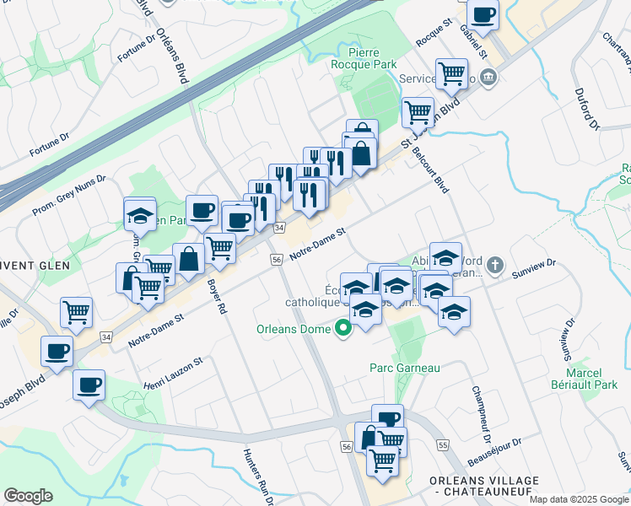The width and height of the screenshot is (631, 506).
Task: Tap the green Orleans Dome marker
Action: click(x=343, y=328)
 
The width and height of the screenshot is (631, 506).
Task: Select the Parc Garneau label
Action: click(x=405, y=368)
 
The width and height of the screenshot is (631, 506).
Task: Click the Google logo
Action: click(x=28, y=496)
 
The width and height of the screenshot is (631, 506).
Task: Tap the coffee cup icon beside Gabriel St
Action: click(x=483, y=15)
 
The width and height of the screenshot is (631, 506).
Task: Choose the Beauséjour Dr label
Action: click(x=494, y=451)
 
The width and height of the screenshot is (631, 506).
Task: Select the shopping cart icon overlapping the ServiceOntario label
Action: click(x=451, y=73)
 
